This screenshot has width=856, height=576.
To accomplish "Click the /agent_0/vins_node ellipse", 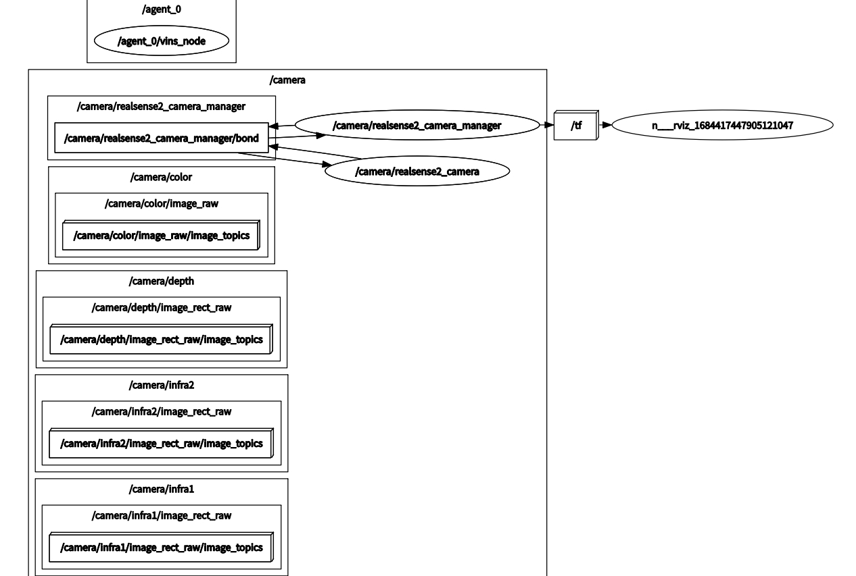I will [162, 41].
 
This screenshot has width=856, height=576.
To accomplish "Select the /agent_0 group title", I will [162, 9].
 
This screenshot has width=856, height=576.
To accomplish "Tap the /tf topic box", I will [575, 125].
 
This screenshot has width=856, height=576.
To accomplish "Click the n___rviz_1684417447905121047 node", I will [722, 125].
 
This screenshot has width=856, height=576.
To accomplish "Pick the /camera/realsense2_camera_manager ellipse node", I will [417, 125].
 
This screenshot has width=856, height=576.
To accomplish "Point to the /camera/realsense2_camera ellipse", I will [417, 172].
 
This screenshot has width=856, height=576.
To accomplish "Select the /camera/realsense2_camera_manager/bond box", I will [161, 138].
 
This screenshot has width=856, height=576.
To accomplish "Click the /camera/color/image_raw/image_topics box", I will [161, 236].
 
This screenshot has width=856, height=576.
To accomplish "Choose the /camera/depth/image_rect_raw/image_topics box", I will [161, 339].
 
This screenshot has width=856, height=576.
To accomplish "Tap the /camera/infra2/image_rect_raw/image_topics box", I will [161, 443].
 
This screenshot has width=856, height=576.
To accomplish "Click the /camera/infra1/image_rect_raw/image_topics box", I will [161, 547].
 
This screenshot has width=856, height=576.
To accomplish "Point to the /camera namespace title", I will [287, 80].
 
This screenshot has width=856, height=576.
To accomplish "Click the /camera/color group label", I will [162, 177].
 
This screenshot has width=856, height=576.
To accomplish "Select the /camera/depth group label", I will [162, 281].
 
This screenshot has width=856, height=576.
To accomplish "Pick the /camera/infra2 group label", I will [162, 385].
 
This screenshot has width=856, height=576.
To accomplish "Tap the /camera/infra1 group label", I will [162, 489].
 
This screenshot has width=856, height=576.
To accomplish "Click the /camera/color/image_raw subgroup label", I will [162, 203].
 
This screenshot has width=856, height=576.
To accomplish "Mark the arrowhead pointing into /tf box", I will [549, 125].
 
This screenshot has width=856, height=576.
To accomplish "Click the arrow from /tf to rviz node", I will [606, 125].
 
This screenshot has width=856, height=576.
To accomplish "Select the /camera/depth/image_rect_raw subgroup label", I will [162, 307].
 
